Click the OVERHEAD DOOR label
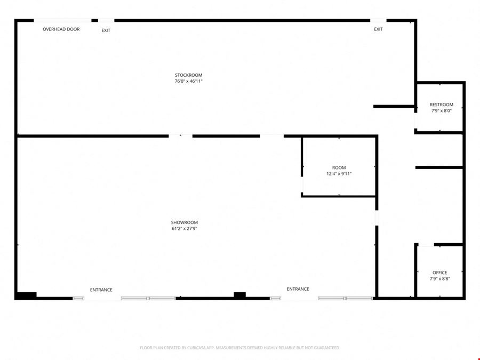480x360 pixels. [61, 29]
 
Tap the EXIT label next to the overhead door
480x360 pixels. [106, 30]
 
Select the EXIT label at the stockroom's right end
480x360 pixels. [378, 29]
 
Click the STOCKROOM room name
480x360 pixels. [189, 75]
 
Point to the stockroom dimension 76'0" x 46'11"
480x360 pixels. [189, 81]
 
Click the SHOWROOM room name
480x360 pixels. [185, 222]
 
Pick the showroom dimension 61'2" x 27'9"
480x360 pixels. [185, 228]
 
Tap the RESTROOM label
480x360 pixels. [442, 105]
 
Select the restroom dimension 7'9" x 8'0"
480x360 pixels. [442, 110]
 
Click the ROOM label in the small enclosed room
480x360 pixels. [339, 167]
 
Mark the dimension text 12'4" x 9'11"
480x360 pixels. [339, 173]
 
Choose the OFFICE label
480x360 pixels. [440, 273]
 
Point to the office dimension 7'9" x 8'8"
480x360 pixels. [440, 278]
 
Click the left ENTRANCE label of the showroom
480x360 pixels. [101, 290]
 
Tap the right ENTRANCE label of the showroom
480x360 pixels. [298, 289]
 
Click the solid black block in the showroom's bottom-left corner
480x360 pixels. [26, 295]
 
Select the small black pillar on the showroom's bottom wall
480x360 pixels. [239, 295]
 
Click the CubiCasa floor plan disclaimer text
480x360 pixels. [239, 348]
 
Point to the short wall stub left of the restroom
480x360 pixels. [394, 106]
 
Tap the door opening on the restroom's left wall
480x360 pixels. [415, 121]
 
